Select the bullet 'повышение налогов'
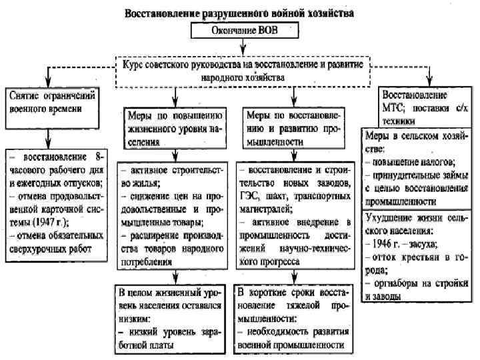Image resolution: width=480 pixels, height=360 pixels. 413,162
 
